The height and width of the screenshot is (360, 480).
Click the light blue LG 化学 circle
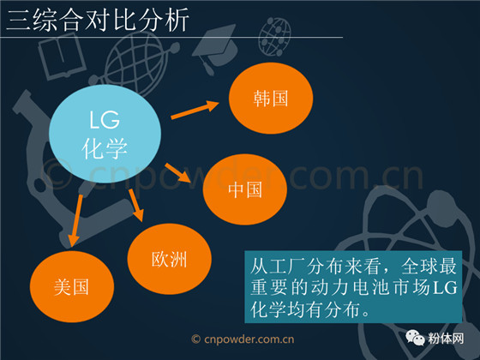105,134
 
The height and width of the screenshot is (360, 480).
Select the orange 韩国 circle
271,99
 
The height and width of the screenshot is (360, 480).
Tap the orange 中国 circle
245,189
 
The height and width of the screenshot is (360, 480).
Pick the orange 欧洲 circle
170,259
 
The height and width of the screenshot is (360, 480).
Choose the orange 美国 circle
72,286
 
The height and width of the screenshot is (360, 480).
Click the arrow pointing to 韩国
195,110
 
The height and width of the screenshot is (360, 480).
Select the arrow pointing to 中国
178,173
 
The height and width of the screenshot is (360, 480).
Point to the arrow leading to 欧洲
136,205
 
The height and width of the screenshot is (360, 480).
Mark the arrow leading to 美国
75,220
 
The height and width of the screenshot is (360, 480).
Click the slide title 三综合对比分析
98,21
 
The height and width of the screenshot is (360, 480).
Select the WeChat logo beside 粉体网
415,338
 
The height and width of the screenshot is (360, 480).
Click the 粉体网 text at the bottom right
446,339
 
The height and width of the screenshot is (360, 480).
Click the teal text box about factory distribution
353,287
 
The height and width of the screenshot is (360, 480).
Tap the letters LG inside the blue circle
105,120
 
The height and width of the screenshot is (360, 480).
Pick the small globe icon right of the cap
274,36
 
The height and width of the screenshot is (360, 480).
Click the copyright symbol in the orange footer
196,339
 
